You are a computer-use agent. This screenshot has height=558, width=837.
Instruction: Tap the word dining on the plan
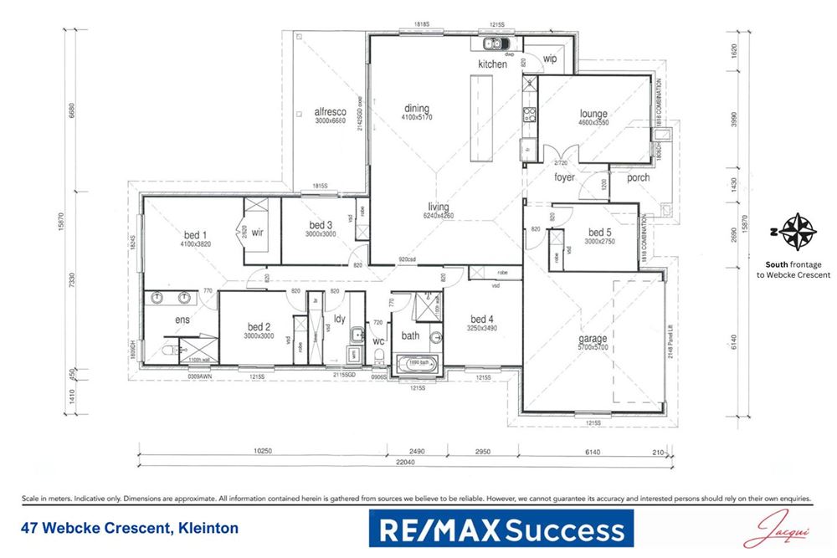[x=416, y=109]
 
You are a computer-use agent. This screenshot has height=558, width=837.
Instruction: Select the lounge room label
[x=593, y=114]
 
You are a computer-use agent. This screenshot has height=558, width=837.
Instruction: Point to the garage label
[x=593, y=340]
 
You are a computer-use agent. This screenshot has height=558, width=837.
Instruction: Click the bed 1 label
[x=196, y=235]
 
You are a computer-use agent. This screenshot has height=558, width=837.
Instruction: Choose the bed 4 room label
[x=483, y=319]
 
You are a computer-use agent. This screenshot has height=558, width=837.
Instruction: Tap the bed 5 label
[x=601, y=233]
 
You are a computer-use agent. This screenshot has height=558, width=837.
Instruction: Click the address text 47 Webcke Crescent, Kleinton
[x=129, y=529]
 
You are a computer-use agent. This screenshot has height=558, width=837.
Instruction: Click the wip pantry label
[x=550, y=59]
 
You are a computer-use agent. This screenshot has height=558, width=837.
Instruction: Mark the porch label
[x=639, y=177]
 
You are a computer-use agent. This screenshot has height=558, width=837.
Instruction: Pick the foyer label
[x=564, y=177]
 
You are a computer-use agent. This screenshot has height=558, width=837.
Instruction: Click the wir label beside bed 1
[x=258, y=234]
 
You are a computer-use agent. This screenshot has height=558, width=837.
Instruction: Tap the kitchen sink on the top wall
[x=490, y=44]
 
